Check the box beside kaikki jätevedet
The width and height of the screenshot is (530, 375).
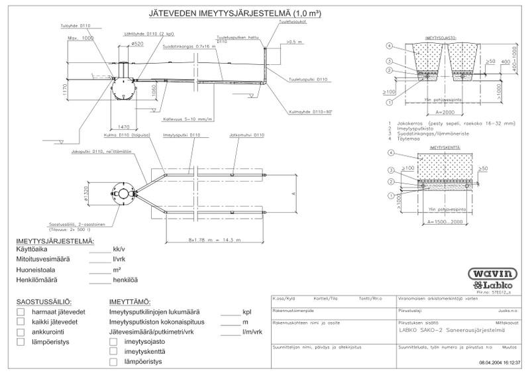(22, 322)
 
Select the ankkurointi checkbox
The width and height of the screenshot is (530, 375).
(22, 332)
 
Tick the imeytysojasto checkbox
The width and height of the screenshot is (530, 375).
(113, 341)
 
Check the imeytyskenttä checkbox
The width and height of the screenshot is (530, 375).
(113, 351)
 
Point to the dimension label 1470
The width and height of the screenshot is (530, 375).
(122, 126)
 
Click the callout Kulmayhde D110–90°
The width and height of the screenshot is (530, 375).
(309, 112)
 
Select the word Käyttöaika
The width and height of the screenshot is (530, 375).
(34, 249)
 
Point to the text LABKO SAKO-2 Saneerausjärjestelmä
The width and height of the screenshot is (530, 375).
(448, 329)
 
